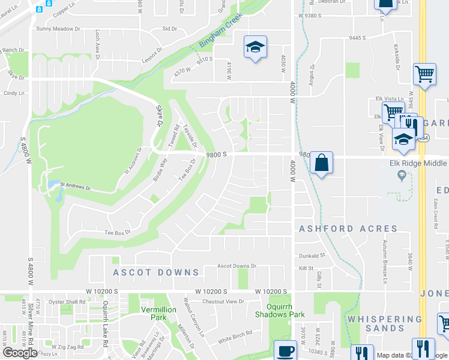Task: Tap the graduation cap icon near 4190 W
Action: tap(255, 47)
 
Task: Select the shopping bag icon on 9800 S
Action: tap(322, 163)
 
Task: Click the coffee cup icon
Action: tap(285, 351)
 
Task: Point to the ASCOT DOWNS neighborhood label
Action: tap(156, 272)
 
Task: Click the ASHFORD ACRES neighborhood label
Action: tap(348, 229)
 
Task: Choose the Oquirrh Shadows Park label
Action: tap(280, 310)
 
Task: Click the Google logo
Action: tap(20, 353)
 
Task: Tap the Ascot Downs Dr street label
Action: tap(237, 266)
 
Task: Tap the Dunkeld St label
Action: tap(312, 256)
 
